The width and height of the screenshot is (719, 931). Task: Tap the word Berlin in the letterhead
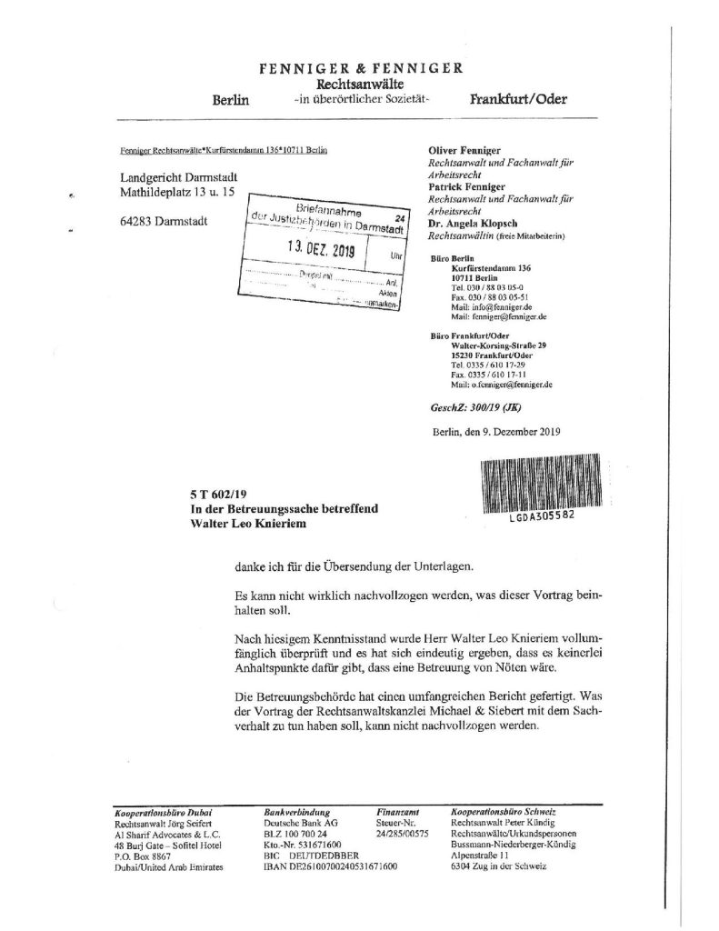tap(230, 100)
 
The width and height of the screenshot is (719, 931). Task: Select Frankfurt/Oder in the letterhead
tap(518, 99)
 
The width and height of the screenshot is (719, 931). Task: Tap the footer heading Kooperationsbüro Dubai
tap(149, 809)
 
